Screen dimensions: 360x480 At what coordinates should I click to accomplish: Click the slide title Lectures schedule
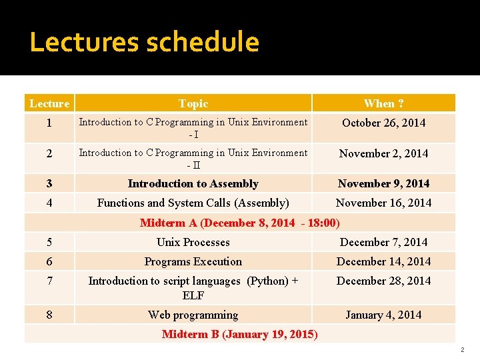(144, 43)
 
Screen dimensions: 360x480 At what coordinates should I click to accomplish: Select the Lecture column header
(49, 103)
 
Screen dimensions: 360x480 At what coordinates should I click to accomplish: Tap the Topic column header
(193, 103)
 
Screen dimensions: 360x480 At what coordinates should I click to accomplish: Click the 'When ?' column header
(383, 103)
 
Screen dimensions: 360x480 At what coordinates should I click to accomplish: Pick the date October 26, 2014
(383, 123)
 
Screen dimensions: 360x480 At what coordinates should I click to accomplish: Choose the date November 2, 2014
(383, 153)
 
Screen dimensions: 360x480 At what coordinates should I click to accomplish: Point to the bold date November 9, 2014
(383, 183)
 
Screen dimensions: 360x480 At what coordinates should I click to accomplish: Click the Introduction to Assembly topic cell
(193, 183)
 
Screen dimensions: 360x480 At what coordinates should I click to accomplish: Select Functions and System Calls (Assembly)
(193, 203)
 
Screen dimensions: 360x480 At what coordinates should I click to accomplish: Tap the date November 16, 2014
(383, 203)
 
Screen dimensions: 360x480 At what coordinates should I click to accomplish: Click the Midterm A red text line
(240, 223)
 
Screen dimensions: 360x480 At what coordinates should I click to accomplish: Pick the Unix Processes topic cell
(193, 242)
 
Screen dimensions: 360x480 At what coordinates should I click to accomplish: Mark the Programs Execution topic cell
(193, 261)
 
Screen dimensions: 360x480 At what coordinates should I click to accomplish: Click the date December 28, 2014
(383, 281)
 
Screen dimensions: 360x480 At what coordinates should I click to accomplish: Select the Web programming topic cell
(193, 315)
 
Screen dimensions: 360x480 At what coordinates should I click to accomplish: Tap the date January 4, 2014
(383, 315)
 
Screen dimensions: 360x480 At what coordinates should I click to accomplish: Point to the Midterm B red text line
(240, 334)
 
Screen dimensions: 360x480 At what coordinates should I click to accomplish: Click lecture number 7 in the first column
(49, 281)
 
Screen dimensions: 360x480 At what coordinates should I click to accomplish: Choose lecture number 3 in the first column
(49, 183)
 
